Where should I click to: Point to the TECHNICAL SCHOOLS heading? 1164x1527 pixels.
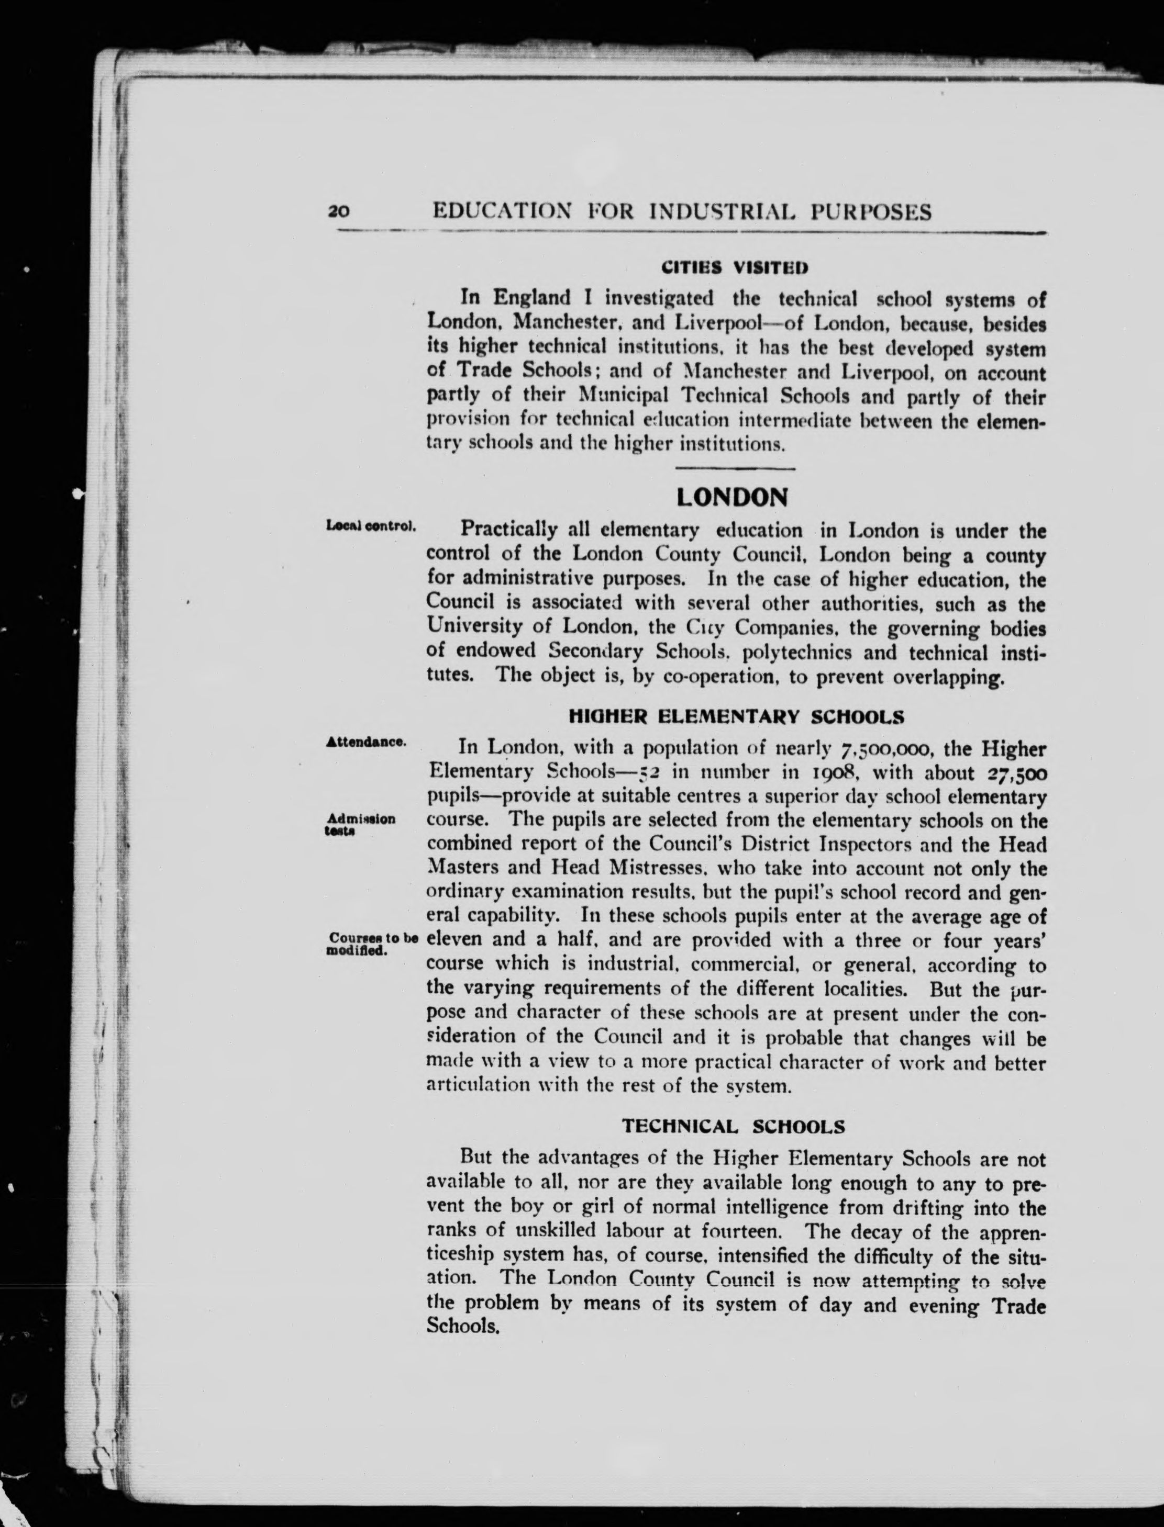pyautogui.click(x=733, y=1127)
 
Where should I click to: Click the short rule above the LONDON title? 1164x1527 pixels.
pyautogui.click(x=735, y=469)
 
